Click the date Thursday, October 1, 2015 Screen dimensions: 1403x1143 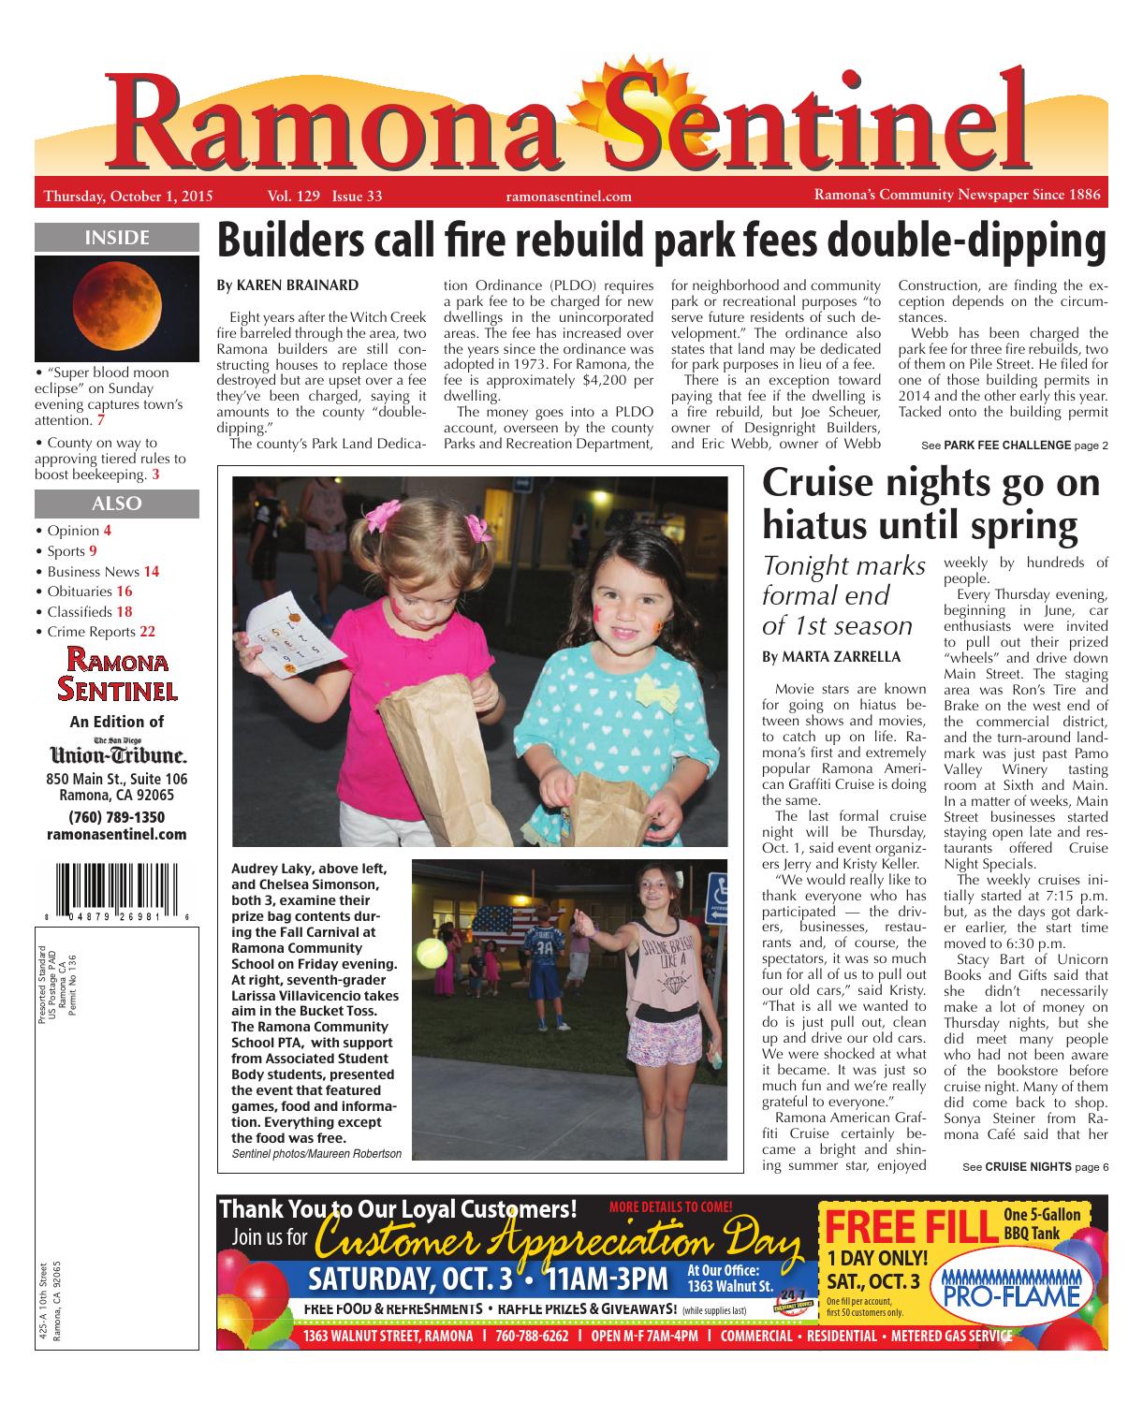(x=129, y=197)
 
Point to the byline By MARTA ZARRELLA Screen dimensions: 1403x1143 (x=818, y=657)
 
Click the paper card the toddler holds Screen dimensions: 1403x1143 (x=278, y=632)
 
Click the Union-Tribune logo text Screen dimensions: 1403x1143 (x=117, y=754)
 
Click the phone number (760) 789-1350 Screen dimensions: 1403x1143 (x=116, y=817)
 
